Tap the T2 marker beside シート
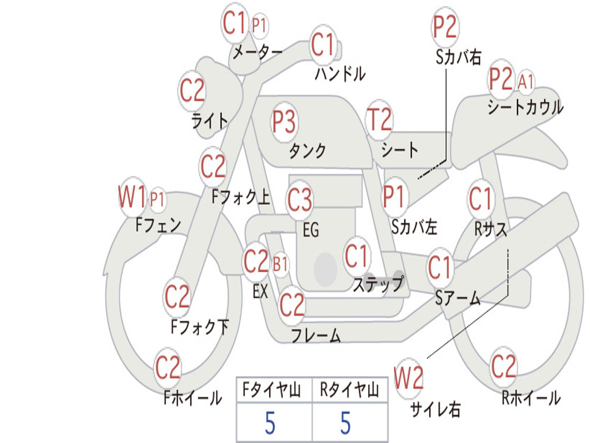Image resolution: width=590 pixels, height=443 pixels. (379, 120)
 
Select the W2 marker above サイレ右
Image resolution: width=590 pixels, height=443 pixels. (409, 378)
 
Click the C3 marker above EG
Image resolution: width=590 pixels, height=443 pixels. (300, 200)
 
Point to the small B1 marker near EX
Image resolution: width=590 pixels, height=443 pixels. (281, 265)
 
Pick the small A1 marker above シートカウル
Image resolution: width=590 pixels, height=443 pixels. (525, 81)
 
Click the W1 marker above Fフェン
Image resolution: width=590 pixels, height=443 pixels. (132, 198)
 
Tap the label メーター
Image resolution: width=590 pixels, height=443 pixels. (257, 53)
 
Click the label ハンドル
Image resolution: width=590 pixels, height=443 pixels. (340, 73)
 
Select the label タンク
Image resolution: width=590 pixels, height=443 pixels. (307, 151)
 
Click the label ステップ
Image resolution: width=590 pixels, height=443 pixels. (378, 284)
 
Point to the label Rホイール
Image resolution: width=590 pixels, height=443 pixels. (531, 398)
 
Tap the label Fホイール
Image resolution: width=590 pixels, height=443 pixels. (192, 398)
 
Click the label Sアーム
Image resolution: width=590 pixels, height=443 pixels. (457, 298)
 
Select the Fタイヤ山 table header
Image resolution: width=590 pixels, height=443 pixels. (270, 391)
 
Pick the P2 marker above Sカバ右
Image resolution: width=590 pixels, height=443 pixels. (445, 27)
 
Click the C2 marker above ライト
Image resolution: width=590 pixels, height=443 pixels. (192, 90)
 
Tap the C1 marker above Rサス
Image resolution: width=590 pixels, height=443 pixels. (481, 199)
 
